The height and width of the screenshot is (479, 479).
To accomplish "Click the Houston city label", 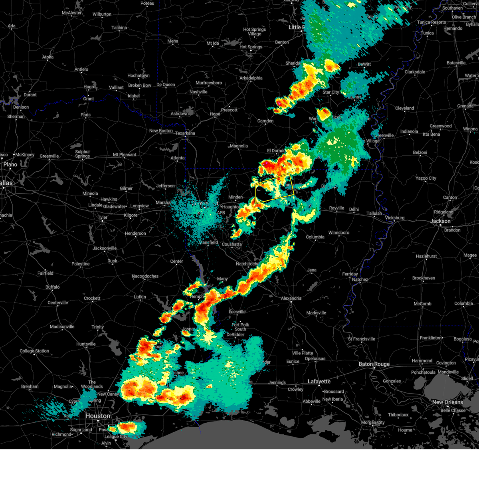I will [98, 416].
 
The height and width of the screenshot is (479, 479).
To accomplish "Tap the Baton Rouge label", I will [374, 364].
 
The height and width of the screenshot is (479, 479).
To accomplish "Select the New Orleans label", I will [447, 402].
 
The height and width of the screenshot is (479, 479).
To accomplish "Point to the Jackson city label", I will [441, 221].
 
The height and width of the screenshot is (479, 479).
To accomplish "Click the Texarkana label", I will [185, 133].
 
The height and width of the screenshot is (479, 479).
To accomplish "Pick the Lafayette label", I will [319, 382].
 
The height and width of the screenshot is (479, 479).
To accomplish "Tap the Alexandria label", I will [291, 298].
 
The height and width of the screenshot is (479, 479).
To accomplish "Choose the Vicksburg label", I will [394, 218].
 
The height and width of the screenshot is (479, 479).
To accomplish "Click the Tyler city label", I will [103, 218].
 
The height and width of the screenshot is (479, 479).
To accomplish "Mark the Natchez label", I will [360, 279].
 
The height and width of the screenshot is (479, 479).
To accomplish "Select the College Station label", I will [34, 351].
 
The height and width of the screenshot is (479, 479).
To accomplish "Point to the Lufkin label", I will [140, 297].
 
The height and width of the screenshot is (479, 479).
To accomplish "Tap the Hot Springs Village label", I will [254, 32].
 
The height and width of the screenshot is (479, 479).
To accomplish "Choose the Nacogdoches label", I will [145, 276].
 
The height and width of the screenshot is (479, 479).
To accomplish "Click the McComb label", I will [422, 304].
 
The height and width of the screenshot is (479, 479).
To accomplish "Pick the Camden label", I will [265, 121].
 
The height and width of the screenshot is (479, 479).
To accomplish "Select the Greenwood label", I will [441, 126].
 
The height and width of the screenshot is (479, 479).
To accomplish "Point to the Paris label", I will [85, 115].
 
